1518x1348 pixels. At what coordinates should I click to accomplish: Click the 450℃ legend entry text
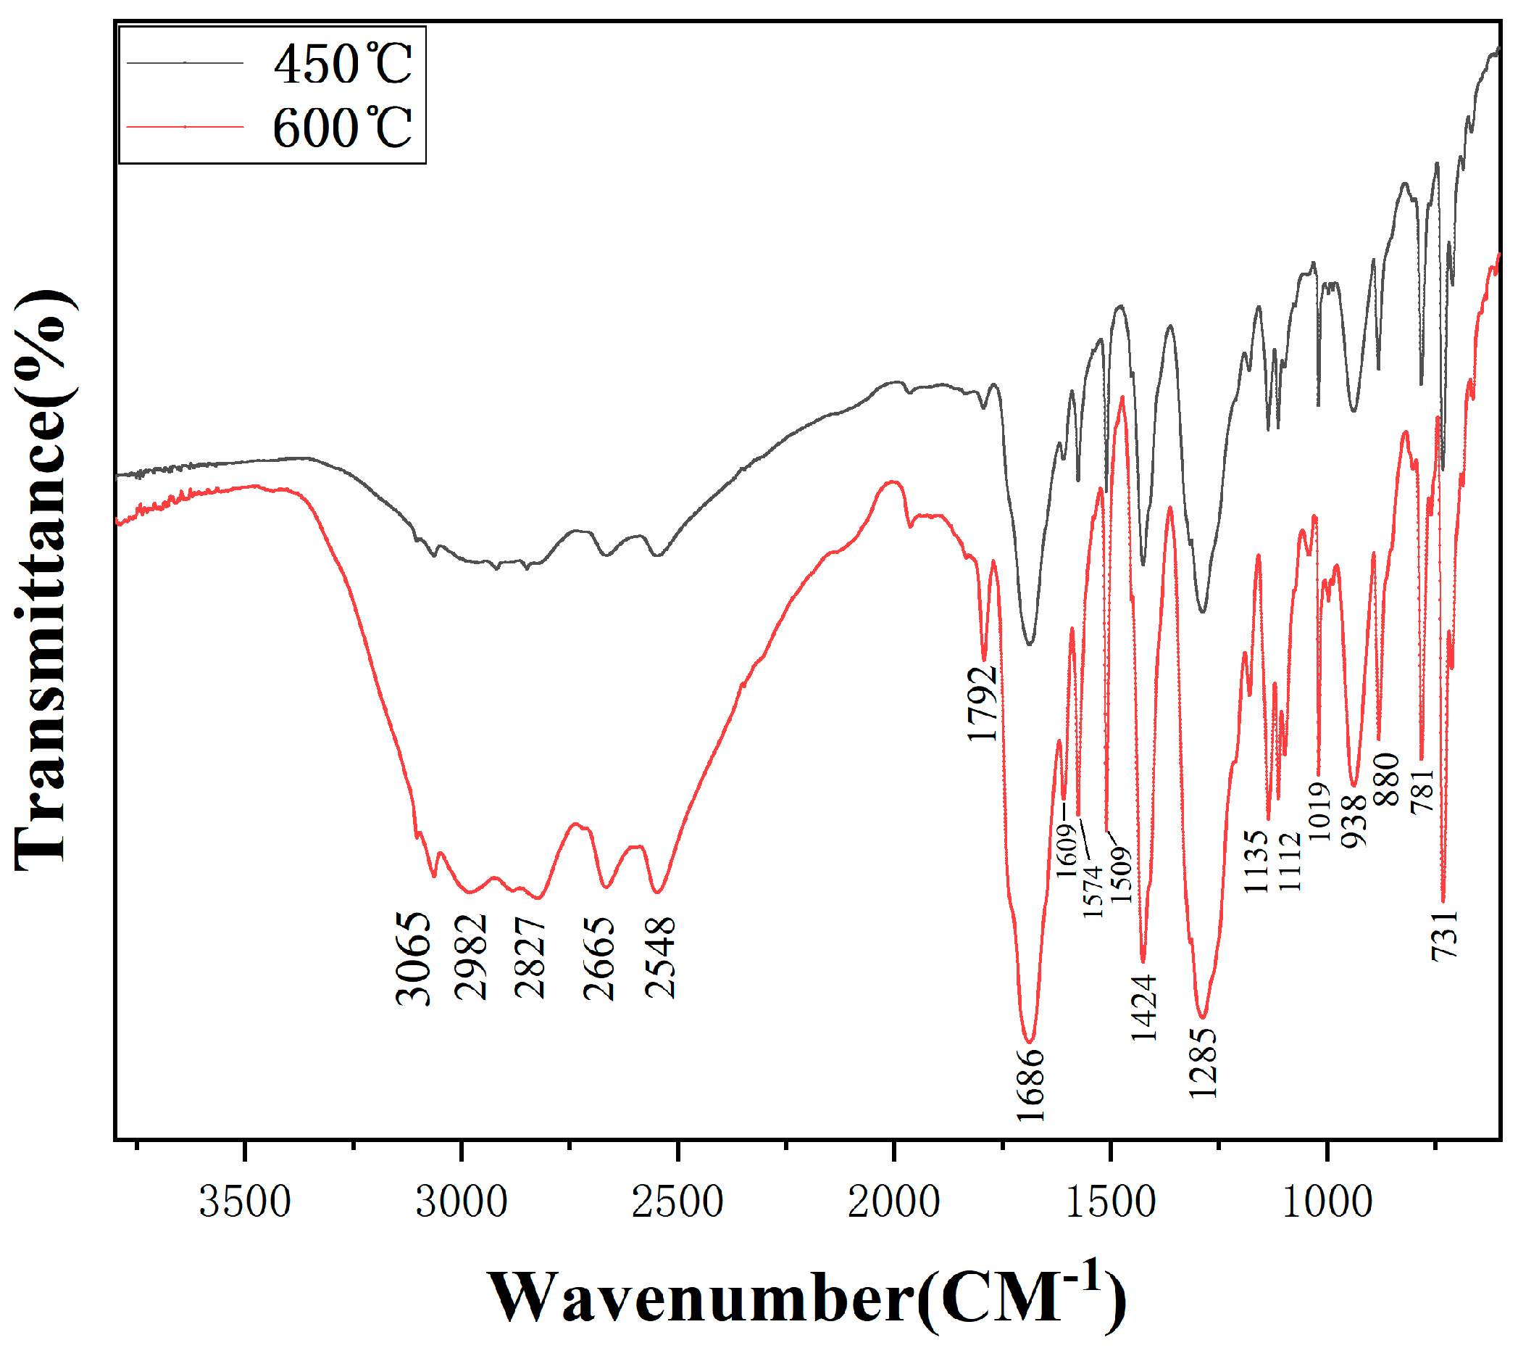point(343,64)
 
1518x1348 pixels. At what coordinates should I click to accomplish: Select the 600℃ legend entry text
point(343,128)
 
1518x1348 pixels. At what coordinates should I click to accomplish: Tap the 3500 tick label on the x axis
point(244,1202)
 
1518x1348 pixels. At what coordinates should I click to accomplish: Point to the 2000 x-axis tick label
point(894,1202)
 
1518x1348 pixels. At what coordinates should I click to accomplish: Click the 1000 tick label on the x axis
point(1327,1202)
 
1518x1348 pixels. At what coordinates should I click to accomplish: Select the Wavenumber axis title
point(806,1297)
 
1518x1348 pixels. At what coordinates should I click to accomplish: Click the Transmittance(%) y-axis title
point(43,579)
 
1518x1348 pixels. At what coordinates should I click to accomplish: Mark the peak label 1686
point(1031,1085)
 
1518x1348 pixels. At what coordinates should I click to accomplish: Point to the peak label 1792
point(982,703)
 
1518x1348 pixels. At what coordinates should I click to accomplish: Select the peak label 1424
point(1144,1007)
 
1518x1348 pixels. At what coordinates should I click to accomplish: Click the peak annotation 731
point(1446,935)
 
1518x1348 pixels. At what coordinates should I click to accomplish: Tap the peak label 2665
point(599,959)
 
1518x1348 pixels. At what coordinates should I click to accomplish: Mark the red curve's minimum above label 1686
point(1030,1041)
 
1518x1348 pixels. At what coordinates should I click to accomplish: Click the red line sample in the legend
point(185,127)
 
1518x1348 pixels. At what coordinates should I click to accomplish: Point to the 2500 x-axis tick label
point(677,1202)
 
